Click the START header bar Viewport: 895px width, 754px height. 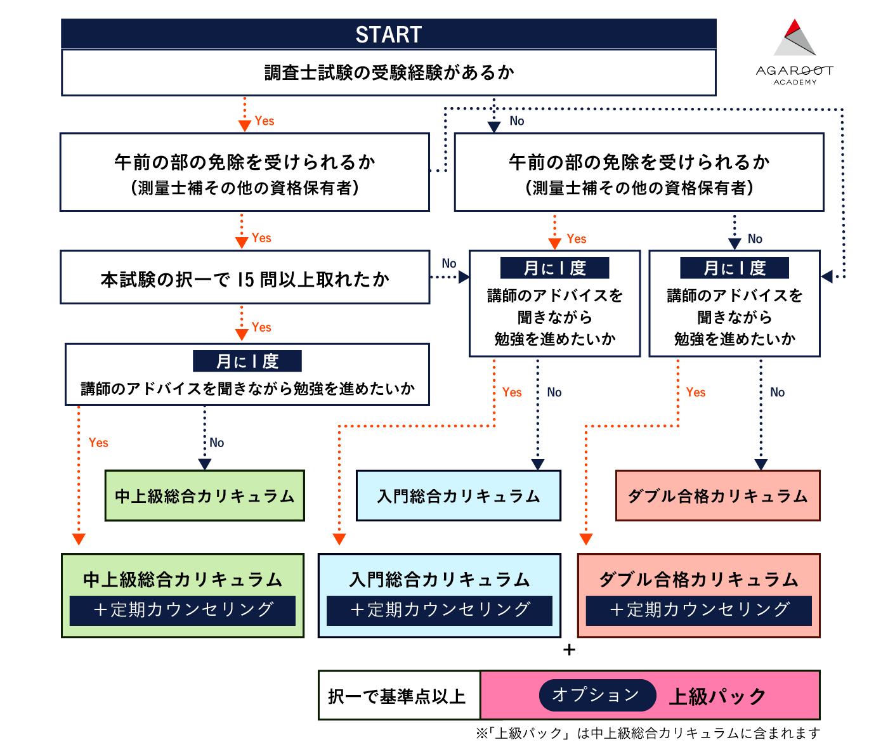388,34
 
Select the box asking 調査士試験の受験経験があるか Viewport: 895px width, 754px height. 388,73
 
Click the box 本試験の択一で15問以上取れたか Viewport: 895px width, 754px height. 245,278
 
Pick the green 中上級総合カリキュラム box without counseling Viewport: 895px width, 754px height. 204,496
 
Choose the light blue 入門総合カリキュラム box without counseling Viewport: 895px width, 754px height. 458,496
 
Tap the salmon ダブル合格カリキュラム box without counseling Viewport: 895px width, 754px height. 717,496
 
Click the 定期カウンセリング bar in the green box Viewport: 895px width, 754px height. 183,610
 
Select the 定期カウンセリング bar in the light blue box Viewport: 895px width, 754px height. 440,610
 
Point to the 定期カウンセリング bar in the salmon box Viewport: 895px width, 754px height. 698,610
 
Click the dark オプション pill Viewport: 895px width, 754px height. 596,695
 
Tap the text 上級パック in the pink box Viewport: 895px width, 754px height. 717,696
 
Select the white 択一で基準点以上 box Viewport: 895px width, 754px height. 398,696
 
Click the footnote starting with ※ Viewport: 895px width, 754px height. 648,734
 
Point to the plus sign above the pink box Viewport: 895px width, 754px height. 569,650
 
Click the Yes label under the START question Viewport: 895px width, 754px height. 265,121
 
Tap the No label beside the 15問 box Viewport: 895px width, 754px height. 449,263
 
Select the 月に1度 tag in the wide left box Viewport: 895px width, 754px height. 247,361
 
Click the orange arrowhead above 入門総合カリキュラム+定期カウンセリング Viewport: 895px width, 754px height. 339,539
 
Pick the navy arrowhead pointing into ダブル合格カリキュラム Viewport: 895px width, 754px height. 761,465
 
